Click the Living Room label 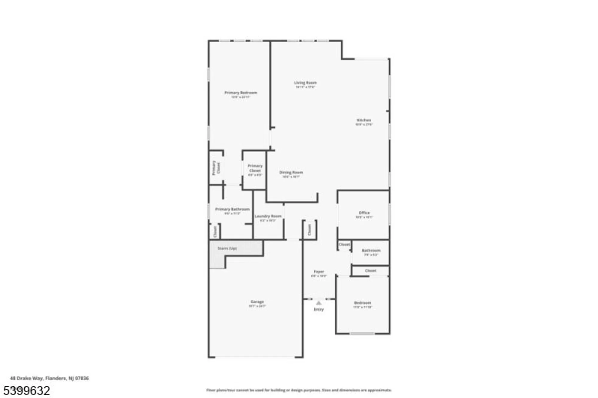click(x=305, y=83)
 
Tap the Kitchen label click(x=364, y=120)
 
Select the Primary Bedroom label click(x=241, y=93)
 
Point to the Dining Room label click(x=291, y=172)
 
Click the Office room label click(x=364, y=213)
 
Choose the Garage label click(x=257, y=302)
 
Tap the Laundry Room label click(x=268, y=216)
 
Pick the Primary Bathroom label click(x=232, y=209)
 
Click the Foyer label click(x=319, y=272)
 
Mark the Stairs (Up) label click(x=227, y=248)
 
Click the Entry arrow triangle click(x=319, y=303)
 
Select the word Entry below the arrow click(x=319, y=310)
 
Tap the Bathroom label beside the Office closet click(x=371, y=251)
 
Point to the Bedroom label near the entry click(x=362, y=303)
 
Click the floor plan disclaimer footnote click(x=299, y=390)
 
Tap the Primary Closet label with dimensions click(x=255, y=168)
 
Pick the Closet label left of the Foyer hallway click(x=309, y=230)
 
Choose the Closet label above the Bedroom click(x=370, y=271)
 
